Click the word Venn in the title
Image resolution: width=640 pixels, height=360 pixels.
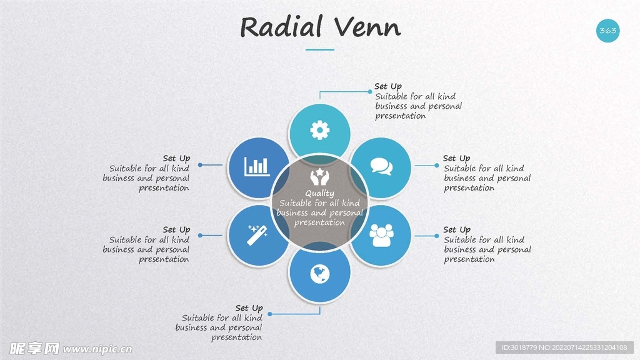(x=367, y=27)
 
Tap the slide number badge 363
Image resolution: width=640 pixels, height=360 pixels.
(x=607, y=31)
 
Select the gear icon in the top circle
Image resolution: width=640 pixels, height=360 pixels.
(x=319, y=130)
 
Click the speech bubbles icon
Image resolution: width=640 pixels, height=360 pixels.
(x=381, y=166)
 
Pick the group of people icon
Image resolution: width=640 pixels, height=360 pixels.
(x=381, y=236)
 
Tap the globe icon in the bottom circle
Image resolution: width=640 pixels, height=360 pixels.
(x=319, y=274)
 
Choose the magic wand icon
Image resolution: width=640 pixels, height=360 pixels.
(x=257, y=235)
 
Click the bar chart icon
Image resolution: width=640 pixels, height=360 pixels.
(x=257, y=166)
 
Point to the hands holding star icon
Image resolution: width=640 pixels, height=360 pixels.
(x=319, y=177)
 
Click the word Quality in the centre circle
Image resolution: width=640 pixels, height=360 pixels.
(x=319, y=194)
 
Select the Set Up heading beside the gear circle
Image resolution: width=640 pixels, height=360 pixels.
(x=388, y=86)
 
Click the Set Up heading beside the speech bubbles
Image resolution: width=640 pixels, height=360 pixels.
(x=457, y=158)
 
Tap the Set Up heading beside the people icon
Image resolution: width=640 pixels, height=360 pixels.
(x=457, y=230)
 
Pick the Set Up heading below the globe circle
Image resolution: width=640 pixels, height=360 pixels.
(x=249, y=308)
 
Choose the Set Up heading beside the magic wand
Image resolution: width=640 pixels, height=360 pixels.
(x=176, y=230)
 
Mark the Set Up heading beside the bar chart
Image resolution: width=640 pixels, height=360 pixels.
(x=176, y=158)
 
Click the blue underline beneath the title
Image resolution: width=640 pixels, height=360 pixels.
(x=319, y=49)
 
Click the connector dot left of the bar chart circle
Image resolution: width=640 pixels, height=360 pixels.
(x=200, y=165)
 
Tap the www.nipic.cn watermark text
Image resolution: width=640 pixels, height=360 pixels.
(x=97, y=349)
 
